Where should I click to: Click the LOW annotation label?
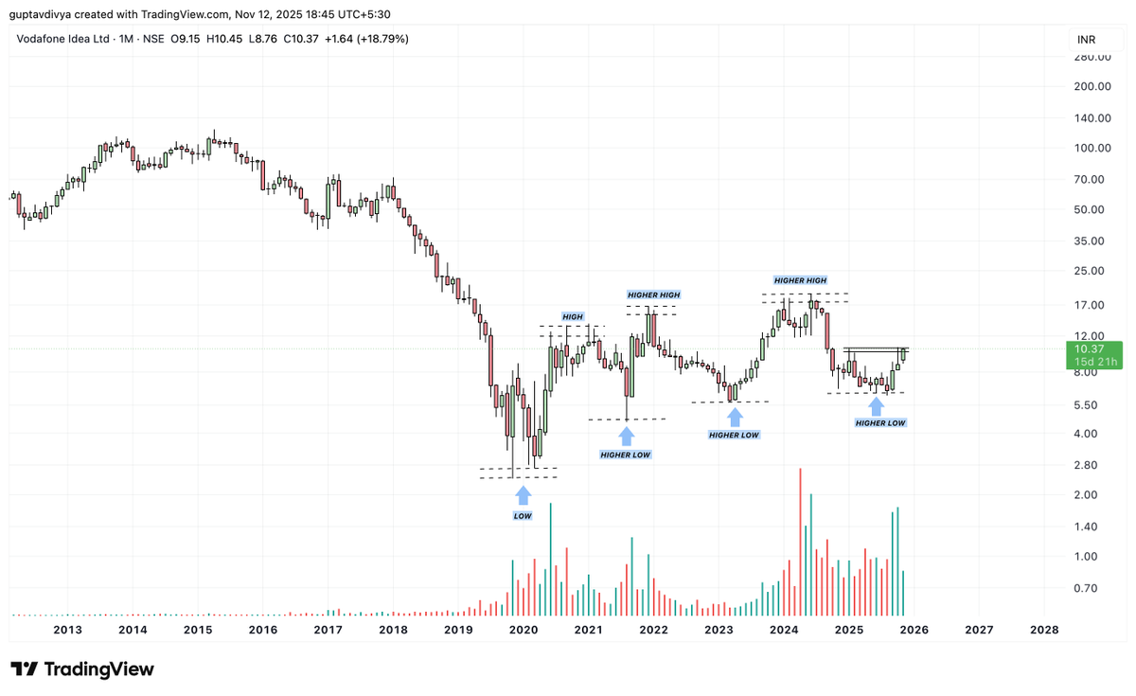pyautogui.click(x=523, y=516)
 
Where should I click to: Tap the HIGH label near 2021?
pyautogui.click(x=573, y=316)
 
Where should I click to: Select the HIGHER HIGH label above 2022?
pyautogui.click(x=653, y=295)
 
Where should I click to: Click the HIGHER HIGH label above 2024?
pyautogui.click(x=800, y=280)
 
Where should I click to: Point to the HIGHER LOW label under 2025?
pyautogui.click(x=880, y=423)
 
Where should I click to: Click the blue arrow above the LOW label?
pyautogui.click(x=523, y=494)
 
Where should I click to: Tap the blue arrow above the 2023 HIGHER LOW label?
pyautogui.click(x=735, y=416)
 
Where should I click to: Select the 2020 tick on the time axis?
pyautogui.click(x=523, y=630)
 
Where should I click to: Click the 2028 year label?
pyautogui.click(x=1043, y=630)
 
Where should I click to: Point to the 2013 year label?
pyautogui.click(x=67, y=630)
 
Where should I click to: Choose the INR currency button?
pyautogui.click(x=1087, y=40)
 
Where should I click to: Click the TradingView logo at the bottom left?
pyautogui.click(x=81, y=669)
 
